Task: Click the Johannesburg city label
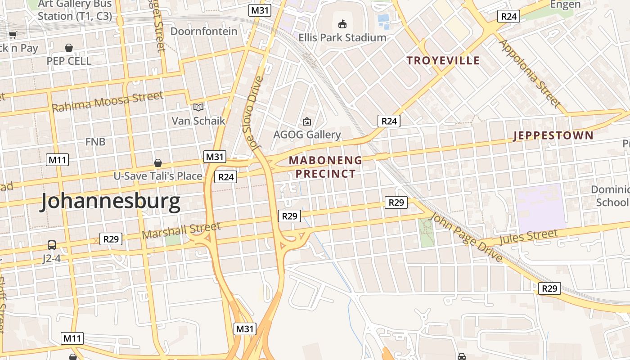[110, 202]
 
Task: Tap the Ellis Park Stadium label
[342, 37]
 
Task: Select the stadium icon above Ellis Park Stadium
[342, 24]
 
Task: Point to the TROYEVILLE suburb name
[443, 60]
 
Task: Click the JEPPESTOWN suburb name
[553, 135]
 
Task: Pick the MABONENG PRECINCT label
[326, 167]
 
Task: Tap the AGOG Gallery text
[307, 135]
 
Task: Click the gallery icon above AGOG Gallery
[307, 121]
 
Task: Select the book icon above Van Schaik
[198, 107]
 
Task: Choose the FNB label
[95, 142]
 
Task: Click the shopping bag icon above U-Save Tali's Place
[158, 162]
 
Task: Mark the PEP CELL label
[69, 61]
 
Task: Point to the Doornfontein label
[204, 31]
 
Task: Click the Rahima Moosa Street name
[108, 102]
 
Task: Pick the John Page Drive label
[465, 238]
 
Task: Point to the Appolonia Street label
[531, 74]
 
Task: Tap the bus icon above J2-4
[52, 245]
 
